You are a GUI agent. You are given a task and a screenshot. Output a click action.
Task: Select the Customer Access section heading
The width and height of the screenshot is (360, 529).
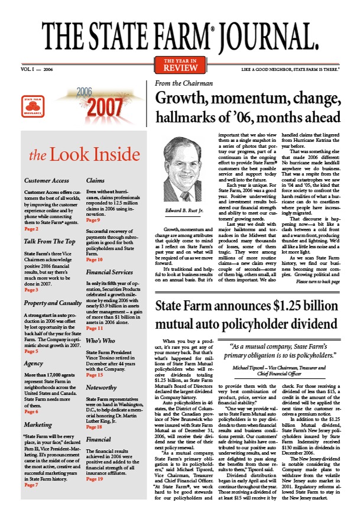[47, 180]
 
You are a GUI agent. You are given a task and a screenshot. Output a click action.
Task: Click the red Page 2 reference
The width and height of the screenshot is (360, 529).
[32, 228]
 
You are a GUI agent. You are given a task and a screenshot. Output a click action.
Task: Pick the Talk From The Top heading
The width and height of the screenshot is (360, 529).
[50, 241]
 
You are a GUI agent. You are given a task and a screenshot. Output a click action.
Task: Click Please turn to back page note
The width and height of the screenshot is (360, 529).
[322, 283]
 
